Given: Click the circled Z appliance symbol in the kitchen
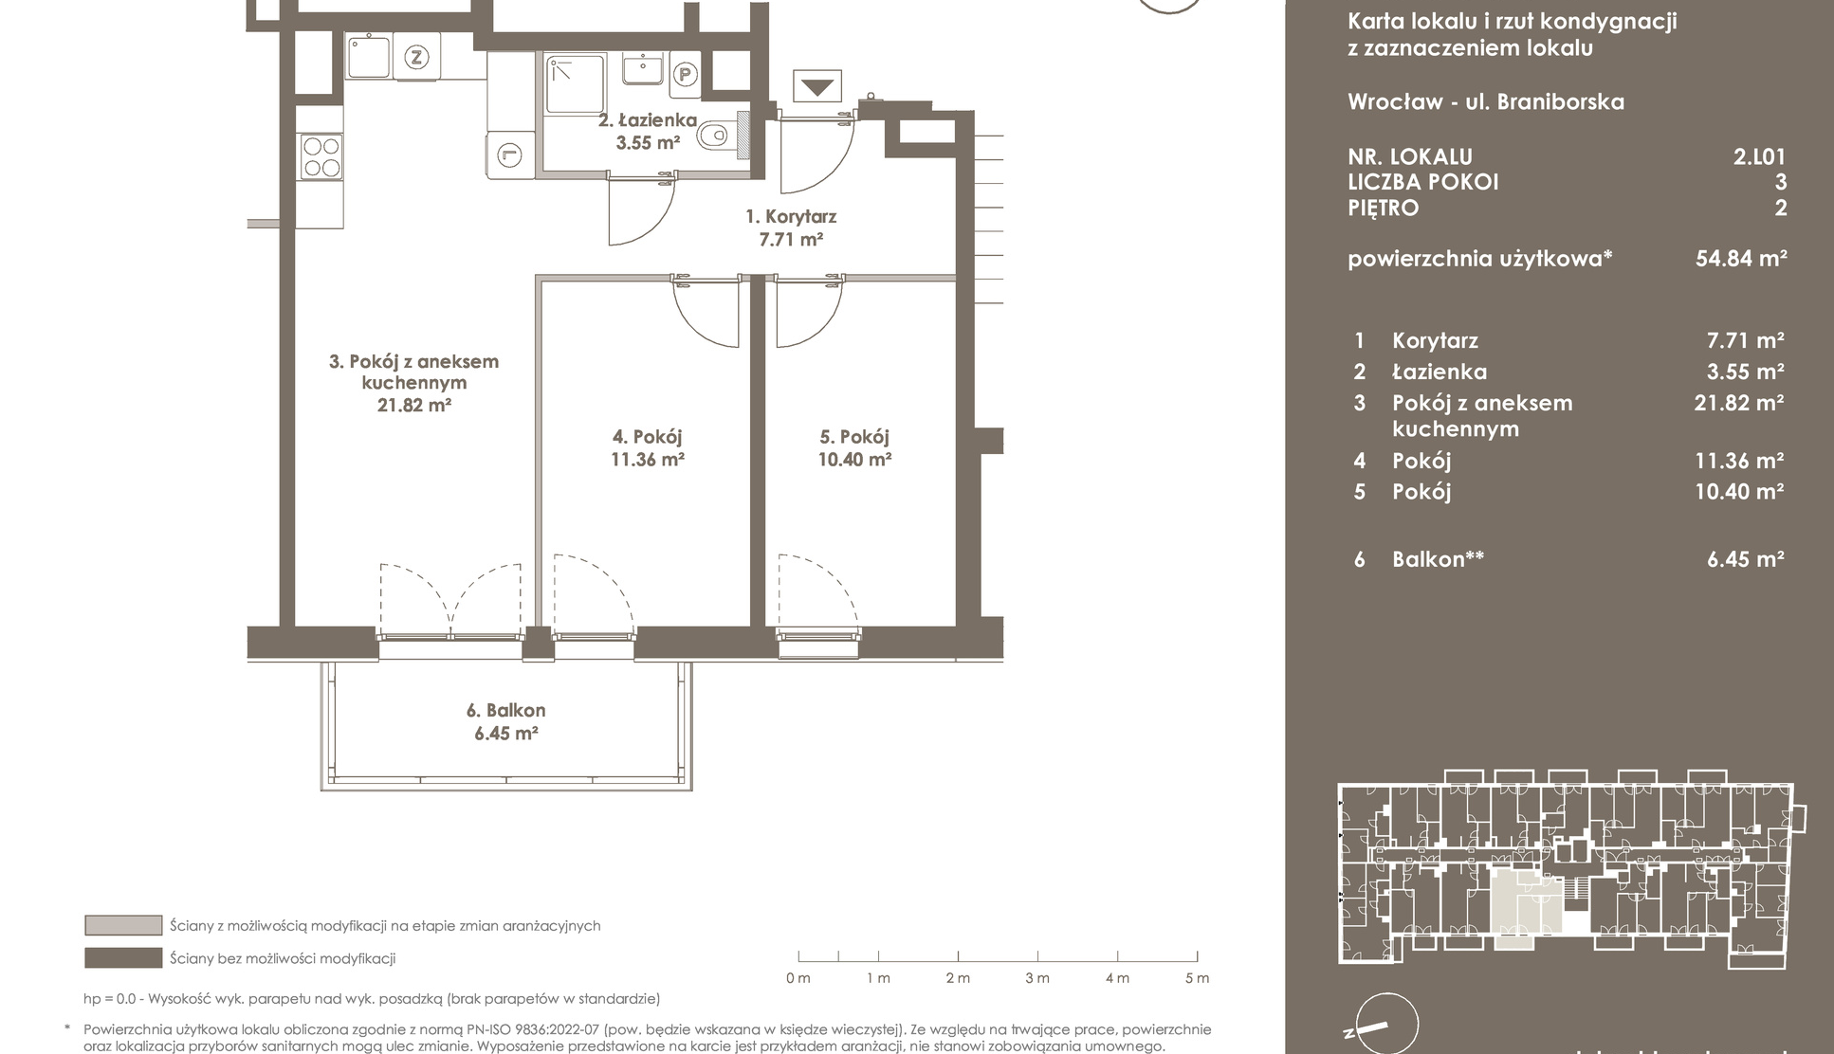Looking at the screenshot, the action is pos(415,57).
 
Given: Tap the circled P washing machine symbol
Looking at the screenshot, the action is pos(684,74).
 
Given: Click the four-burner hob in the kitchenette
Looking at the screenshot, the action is pos(321,157).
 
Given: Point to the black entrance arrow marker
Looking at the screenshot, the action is pos(817,88).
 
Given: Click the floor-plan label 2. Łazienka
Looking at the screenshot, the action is pos(648,120).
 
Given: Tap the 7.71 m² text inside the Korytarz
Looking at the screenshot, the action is pos(790,240).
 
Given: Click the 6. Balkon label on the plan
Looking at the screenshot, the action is pos(505,710).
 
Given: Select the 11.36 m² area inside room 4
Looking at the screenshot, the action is pos(647,460).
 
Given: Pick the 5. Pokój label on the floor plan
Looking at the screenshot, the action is pos(854,437).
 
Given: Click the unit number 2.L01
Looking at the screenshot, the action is pos(1759,157).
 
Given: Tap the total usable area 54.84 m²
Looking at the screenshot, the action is pos(1741,258).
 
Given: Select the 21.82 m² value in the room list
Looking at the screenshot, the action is pos(1739,403).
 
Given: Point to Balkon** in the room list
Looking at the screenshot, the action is pos(1438,559).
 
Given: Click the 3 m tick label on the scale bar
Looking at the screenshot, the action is pos(1036,978).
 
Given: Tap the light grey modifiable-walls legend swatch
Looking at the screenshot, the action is pos(123,925).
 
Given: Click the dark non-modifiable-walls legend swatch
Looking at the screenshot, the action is pos(123,958).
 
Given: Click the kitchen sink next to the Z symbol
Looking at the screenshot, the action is pos(368,57).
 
